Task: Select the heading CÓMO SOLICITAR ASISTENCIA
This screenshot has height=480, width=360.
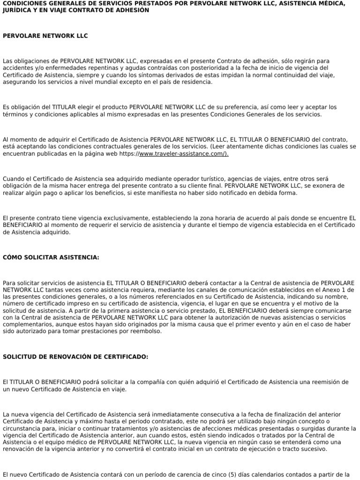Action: (51, 257)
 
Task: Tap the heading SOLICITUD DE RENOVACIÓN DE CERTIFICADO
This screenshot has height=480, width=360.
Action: (75, 357)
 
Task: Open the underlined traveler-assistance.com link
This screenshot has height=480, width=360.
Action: (184, 153)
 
